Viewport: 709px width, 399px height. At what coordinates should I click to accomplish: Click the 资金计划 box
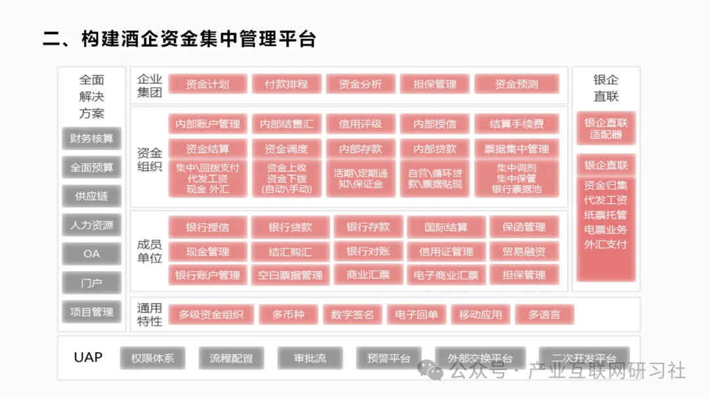point(207,84)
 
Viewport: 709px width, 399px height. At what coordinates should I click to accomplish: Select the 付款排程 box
point(286,84)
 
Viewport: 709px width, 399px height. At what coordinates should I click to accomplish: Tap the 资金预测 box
point(516,84)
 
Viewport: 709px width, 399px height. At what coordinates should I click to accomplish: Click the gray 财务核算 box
point(92,138)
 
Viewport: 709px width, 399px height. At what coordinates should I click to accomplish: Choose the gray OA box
point(92,254)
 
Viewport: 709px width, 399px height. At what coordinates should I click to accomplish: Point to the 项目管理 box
point(92,312)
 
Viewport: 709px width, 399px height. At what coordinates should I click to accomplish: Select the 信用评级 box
point(360,123)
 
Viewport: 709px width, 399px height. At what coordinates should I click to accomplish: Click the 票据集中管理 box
point(516,148)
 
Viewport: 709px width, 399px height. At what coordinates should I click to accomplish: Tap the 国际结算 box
point(446,228)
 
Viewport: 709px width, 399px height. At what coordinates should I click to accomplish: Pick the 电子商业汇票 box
point(446,275)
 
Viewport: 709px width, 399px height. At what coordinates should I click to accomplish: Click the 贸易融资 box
point(524,251)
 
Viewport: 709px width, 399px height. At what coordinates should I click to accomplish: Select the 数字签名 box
point(352,314)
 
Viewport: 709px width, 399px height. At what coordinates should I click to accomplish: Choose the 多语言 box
point(544,314)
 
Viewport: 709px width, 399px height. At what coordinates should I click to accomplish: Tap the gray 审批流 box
point(311,358)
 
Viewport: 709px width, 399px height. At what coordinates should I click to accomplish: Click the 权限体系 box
point(152,358)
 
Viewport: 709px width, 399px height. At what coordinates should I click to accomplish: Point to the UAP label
point(88,358)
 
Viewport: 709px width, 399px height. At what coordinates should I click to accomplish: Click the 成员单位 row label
point(150,251)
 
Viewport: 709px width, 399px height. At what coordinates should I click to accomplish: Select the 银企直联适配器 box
point(606,129)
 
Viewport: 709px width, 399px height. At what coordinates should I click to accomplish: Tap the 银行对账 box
point(368,251)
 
